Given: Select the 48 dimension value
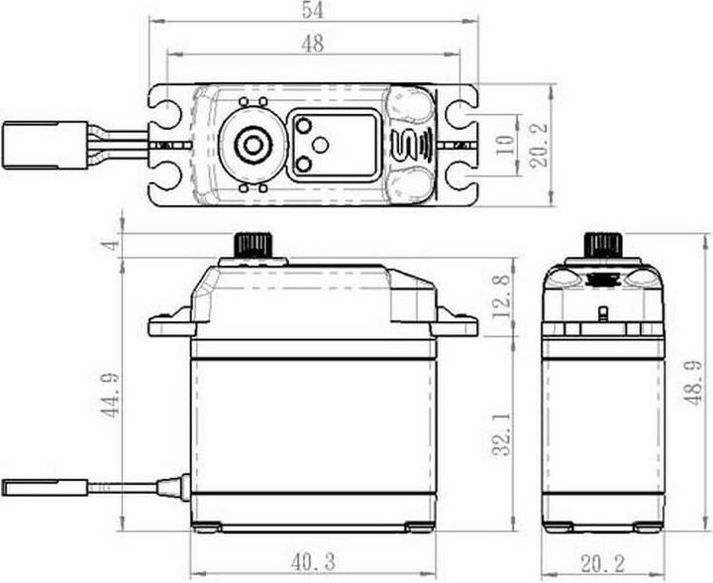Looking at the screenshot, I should pos(313,44).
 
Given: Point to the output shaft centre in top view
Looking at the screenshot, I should pos(254,145).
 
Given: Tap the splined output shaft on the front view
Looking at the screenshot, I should pos(253,245).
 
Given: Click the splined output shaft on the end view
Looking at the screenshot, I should pos(602,245).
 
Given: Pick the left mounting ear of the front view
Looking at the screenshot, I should pos(168,323).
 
